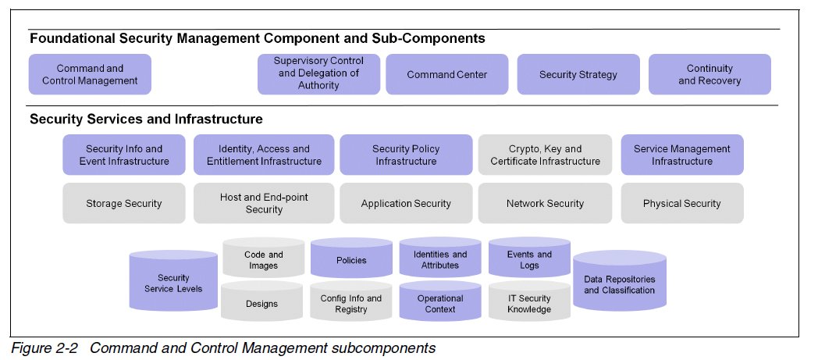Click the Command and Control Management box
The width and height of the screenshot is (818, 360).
pos(90,74)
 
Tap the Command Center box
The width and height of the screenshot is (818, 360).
pos(446,74)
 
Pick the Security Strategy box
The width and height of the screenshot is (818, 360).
pos(578,74)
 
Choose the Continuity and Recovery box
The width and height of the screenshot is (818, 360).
pos(710,74)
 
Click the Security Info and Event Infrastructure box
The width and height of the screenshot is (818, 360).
pos(124,155)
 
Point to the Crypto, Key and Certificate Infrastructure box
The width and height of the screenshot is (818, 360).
pos(545,155)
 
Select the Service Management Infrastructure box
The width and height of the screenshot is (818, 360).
pos(682,155)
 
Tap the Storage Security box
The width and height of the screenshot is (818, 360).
pos(124,203)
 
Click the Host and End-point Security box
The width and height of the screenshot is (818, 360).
pos(264,203)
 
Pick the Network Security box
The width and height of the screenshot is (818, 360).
pos(545,203)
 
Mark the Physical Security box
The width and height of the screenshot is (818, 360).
pos(682,203)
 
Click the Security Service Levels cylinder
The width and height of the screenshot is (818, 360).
pos(173,283)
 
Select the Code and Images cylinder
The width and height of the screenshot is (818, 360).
pos(263,260)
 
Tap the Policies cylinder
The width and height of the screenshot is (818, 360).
pos(351,260)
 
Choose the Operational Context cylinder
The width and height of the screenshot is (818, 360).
pos(440,303)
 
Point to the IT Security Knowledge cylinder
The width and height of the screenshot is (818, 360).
pos(529,303)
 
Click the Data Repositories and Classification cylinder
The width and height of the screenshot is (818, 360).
pos(619,284)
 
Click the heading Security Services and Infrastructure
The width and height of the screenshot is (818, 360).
pos(146,119)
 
